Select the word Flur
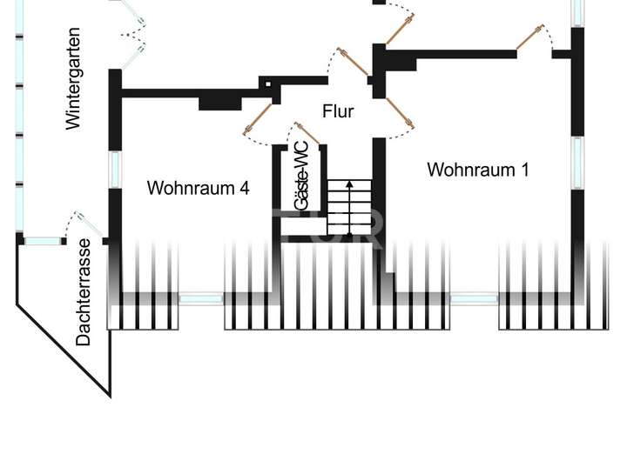pyautogui.click(x=338, y=111)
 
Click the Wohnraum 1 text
pyautogui.click(x=477, y=170)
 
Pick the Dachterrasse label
pyautogui.click(x=84, y=292)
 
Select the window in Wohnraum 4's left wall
pyautogui.click(x=114, y=168)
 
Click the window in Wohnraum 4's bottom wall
pyautogui.click(x=201, y=298)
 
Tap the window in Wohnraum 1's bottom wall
pyautogui.click(x=474, y=298)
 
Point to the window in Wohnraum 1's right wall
pyautogui.click(x=576, y=162)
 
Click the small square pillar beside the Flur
pyautogui.click(x=268, y=84)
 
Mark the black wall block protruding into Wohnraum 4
pyautogui.click(x=220, y=101)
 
